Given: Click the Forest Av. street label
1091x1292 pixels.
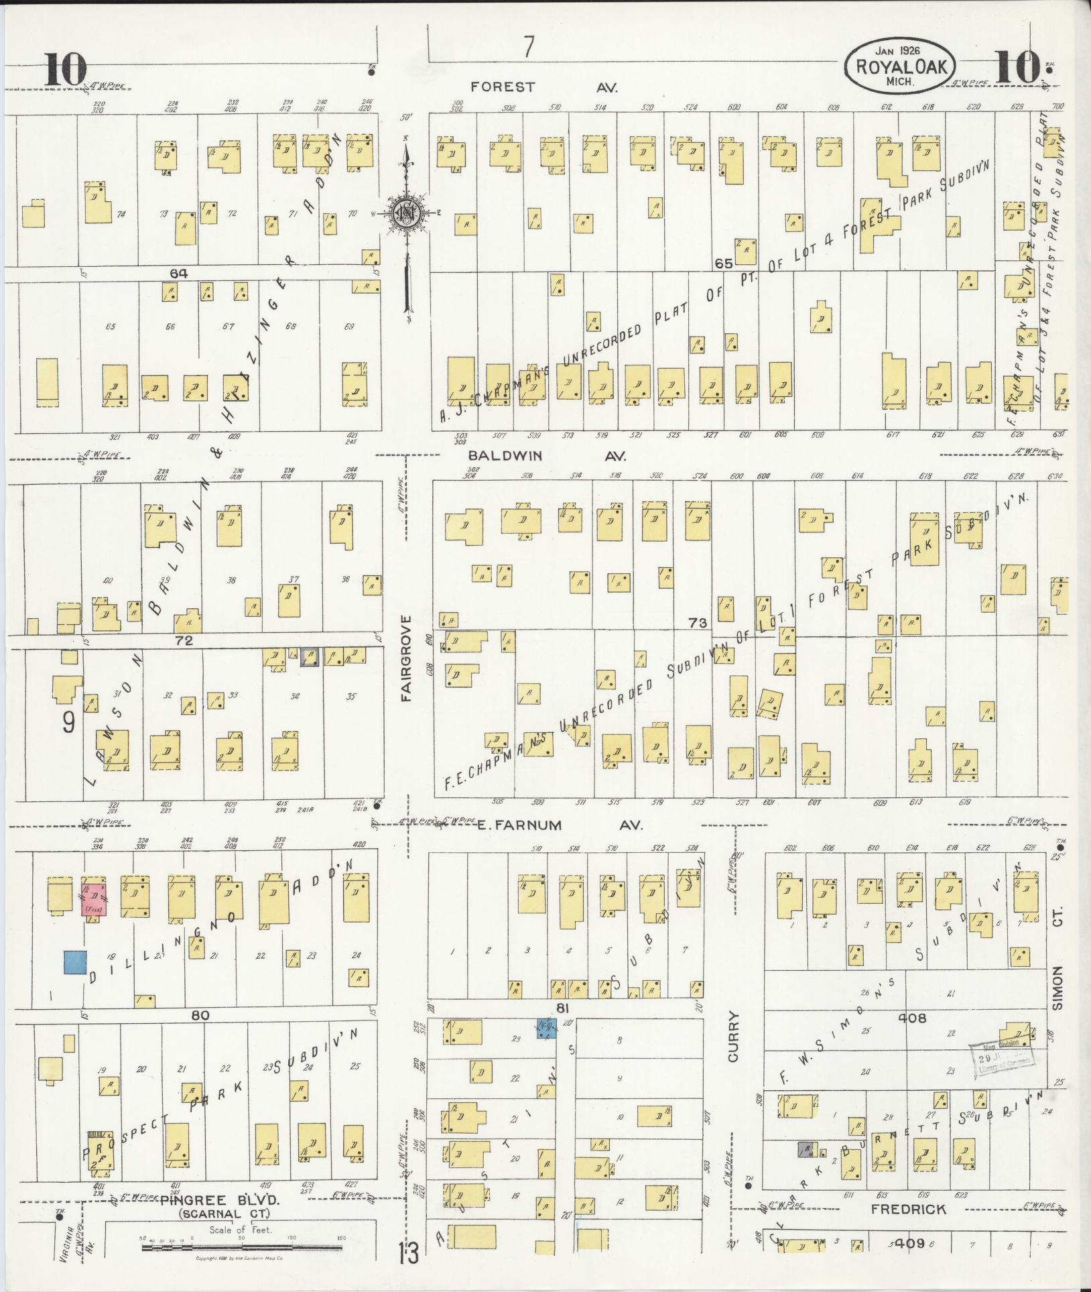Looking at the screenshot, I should (543, 86).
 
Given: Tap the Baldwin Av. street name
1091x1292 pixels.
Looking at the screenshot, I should (547, 456).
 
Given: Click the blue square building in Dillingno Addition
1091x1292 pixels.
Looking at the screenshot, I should (74, 961).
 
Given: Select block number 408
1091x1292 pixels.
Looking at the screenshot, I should (912, 1017).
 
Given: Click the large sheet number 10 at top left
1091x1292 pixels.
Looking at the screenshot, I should (66, 69).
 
